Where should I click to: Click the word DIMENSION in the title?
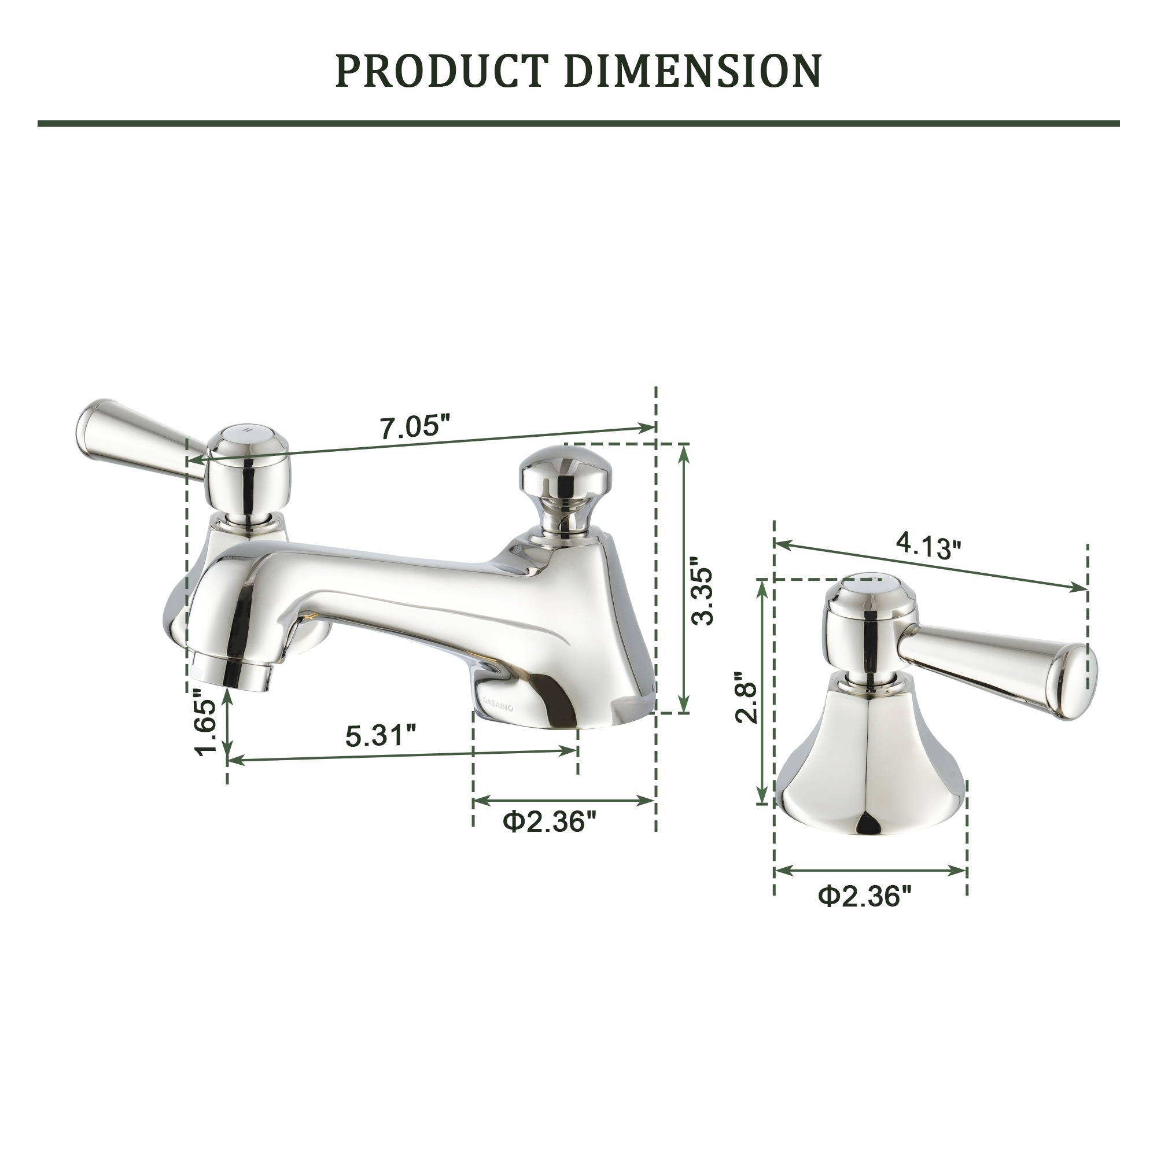692,71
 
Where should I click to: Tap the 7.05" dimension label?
414,428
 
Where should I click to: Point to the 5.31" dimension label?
380,735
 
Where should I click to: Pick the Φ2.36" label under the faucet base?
550,821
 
